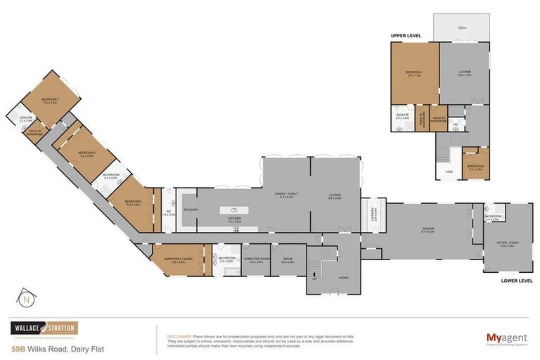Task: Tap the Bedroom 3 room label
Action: coord(86,153)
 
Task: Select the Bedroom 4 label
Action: coord(134,203)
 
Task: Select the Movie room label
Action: coord(288,260)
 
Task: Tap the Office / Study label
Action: coord(506,245)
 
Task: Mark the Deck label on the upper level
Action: coord(462,28)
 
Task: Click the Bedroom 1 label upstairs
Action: coord(413,74)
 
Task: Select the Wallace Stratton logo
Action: coord(44,328)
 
